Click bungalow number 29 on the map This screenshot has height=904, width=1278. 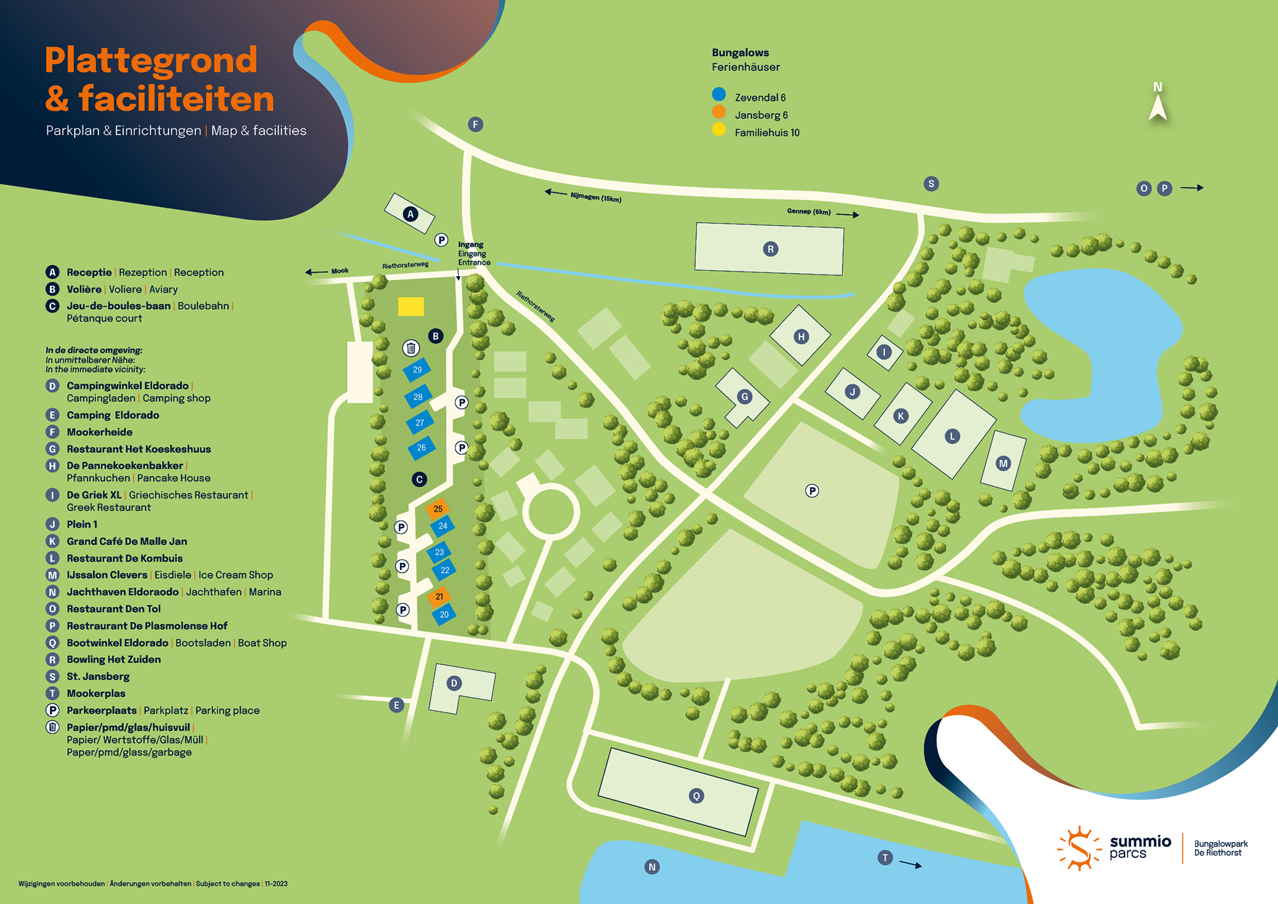417,369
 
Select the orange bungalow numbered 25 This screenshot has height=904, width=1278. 438,509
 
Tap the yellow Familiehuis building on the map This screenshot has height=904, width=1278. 411,307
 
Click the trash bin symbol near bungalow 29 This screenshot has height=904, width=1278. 411,348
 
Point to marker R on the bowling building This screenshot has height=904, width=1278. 770,249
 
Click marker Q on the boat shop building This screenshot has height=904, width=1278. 697,795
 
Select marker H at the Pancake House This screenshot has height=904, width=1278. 801,337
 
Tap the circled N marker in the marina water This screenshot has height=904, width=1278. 652,867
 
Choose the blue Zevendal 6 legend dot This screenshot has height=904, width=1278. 719,95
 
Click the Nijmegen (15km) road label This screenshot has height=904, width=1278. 596,197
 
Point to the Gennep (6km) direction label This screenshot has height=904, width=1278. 808,211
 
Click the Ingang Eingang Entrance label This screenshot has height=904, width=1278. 473,253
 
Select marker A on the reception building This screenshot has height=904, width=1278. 411,214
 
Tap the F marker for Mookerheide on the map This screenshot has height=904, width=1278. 475,124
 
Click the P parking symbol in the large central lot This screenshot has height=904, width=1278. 812,491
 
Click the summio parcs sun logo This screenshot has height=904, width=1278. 1079,848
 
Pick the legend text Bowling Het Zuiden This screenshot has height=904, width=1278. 114,659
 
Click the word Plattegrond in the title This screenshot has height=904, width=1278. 151,60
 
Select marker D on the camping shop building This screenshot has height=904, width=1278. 454,683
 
